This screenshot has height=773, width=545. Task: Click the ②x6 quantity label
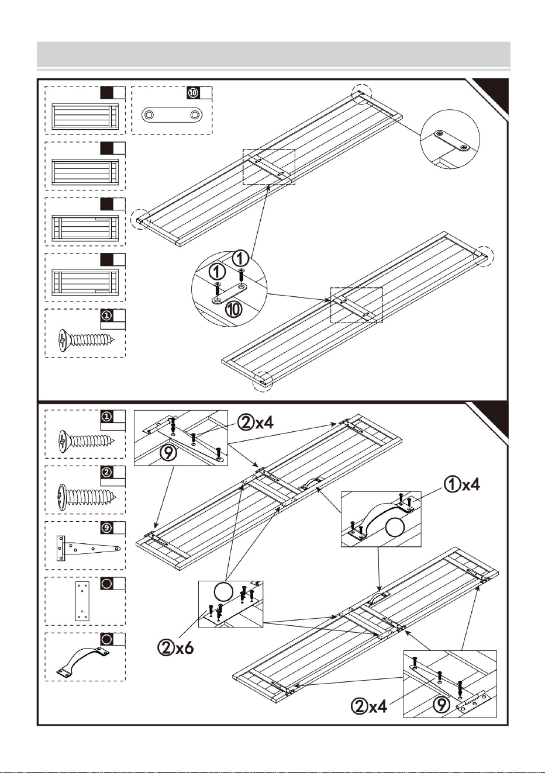(175, 648)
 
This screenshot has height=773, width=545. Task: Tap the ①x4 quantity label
(462, 485)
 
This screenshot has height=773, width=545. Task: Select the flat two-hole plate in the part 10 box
(172, 115)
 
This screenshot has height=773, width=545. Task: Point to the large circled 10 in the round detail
(234, 309)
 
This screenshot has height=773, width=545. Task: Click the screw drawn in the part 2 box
(86, 497)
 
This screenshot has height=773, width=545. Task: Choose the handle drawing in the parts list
(83, 662)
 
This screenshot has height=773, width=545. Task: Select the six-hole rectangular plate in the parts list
(82, 601)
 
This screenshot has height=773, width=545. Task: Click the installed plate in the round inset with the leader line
(452, 140)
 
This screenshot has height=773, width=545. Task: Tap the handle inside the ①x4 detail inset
(380, 517)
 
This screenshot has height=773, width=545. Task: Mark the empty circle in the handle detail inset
(394, 527)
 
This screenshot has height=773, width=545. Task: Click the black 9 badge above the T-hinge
(107, 528)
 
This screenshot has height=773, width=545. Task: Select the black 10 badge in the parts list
(193, 92)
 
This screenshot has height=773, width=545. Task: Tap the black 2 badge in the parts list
(107, 472)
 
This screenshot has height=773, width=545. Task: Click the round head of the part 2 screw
(61, 497)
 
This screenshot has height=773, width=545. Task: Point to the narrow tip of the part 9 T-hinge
(118, 548)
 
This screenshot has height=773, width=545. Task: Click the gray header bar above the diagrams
(274, 54)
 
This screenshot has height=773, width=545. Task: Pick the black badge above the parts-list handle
(107, 639)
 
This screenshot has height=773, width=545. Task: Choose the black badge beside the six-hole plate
(107, 584)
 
